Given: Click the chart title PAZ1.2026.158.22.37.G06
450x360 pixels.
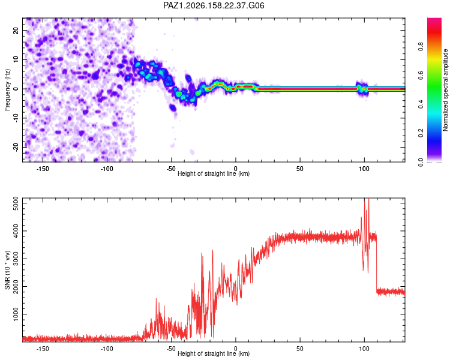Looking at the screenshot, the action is [x=214, y=5].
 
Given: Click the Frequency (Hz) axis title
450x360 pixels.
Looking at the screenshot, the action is [x=7, y=90].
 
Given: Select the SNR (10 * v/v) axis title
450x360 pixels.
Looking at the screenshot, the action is [x=7, y=270].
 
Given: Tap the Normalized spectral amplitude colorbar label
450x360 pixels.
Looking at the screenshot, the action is [x=445, y=90].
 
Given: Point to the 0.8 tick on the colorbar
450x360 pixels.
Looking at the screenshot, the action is [x=421, y=47].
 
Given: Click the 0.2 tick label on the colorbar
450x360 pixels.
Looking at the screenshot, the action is [x=421, y=133].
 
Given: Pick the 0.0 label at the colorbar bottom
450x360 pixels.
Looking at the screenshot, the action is [x=421, y=163].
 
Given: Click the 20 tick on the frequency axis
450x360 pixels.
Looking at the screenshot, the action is [x=16, y=30].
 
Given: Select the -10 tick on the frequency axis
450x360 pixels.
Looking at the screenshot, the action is [x=16, y=118].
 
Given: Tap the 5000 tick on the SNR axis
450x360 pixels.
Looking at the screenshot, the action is [x=16, y=203].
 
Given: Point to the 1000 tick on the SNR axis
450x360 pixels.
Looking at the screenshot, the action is [x=16, y=314].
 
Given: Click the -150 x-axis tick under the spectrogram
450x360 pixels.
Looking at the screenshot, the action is [x=43, y=169].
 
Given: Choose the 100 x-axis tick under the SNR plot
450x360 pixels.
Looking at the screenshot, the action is [x=364, y=349].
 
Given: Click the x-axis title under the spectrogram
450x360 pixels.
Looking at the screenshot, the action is [x=214, y=173].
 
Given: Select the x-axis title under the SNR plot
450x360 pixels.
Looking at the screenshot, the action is [x=214, y=353].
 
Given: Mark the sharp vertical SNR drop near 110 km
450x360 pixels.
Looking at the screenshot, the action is [x=377, y=263].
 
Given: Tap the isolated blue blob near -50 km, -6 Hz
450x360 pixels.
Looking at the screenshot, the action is [x=172, y=108].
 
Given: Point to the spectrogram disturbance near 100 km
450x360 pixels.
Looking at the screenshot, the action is [x=362, y=88].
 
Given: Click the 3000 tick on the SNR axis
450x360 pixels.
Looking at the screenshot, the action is [x=16, y=259].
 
